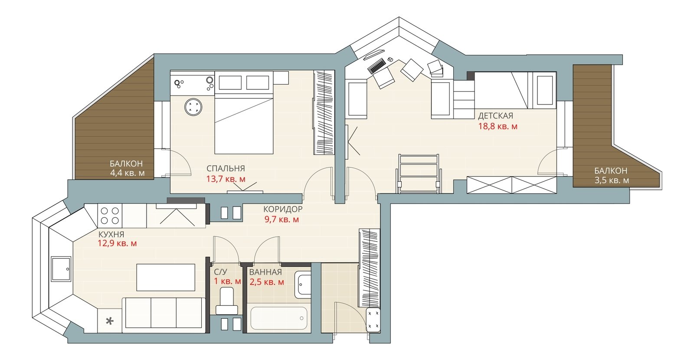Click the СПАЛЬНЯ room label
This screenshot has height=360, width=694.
pyautogui.click(x=226, y=169)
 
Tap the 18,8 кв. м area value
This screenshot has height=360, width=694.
pyautogui.click(x=498, y=126)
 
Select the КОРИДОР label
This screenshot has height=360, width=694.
pyautogui.click(x=282, y=209)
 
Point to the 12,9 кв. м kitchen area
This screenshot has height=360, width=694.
pyautogui.click(x=117, y=243)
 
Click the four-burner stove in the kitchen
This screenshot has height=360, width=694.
pyautogui.click(x=110, y=216)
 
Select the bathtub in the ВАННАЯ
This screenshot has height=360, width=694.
pyautogui.click(x=279, y=318)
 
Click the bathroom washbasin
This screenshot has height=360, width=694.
pyautogui.click(x=303, y=285)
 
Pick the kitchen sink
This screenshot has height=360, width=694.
pyautogui.click(x=61, y=268)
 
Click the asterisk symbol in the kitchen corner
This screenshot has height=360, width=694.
pyautogui.click(x=109, y=321)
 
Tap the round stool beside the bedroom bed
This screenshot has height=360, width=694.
pyautogui.click(x=193, y=107)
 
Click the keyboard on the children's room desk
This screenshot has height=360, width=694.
pyautogui.click(x=376, y=66)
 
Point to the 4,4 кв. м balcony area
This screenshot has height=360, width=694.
pyautogui.click(x=128, y=173)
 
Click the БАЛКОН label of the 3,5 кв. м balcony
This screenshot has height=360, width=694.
pyautogui.click(x=611, y=171)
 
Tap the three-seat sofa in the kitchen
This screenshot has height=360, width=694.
pyautogui.click(x=164, y=315)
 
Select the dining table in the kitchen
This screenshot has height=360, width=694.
pyautogui.click(x=166, y=277)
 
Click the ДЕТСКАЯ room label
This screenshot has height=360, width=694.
pyautogui.click(x=495, y=116)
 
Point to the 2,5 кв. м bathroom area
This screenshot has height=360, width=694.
pyautogui.click(x=267, y=282)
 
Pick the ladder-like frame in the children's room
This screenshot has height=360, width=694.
pyautogui.click(x=419, y=174)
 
